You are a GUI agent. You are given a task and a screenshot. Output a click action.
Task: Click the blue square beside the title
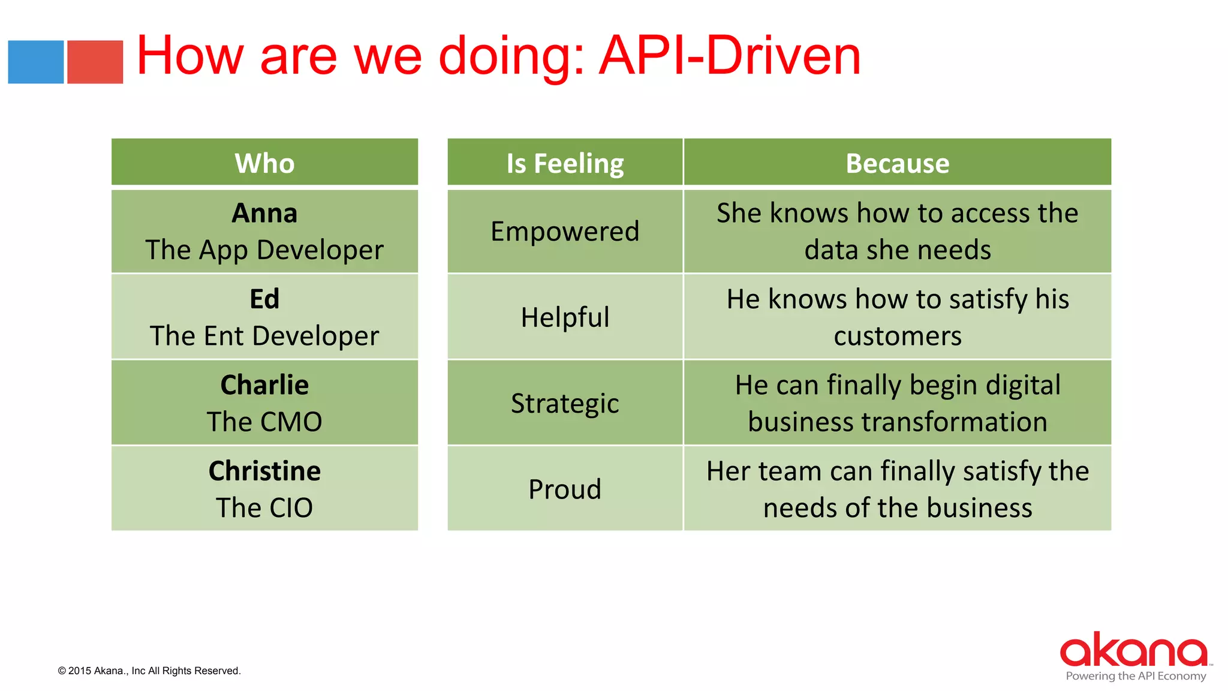coord(35,62)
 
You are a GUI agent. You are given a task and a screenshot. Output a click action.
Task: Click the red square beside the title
coord(95,62)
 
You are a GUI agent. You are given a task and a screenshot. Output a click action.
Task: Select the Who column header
coord(264,163)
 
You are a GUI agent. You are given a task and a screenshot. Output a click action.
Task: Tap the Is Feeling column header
coord(565,163)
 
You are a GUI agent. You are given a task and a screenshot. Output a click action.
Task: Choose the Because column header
coord(897,163)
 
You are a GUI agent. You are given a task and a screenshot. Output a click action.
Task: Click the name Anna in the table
coord(264,214)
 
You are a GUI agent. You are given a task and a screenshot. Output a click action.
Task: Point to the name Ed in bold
coord(264,299)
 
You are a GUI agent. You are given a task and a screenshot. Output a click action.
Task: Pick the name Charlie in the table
coord(264,385)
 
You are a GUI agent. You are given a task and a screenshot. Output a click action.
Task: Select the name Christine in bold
coord(264,471)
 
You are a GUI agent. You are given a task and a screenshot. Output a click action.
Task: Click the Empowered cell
coord(565,232)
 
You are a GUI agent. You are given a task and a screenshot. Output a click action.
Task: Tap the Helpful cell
coord(565,317)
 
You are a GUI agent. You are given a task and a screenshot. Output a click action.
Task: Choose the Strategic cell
coord(565,403)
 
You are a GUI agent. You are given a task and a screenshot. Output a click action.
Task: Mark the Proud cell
coord(565,489)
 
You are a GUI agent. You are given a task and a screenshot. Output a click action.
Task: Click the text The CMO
coord(264,422)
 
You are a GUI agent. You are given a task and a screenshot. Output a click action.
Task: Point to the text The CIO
coord(264,508)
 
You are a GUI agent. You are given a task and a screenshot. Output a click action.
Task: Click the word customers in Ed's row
coord(897,336)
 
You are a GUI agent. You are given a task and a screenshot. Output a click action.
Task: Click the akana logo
coord(1134,650)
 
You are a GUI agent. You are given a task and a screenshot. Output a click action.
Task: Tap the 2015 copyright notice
coord(149,671)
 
